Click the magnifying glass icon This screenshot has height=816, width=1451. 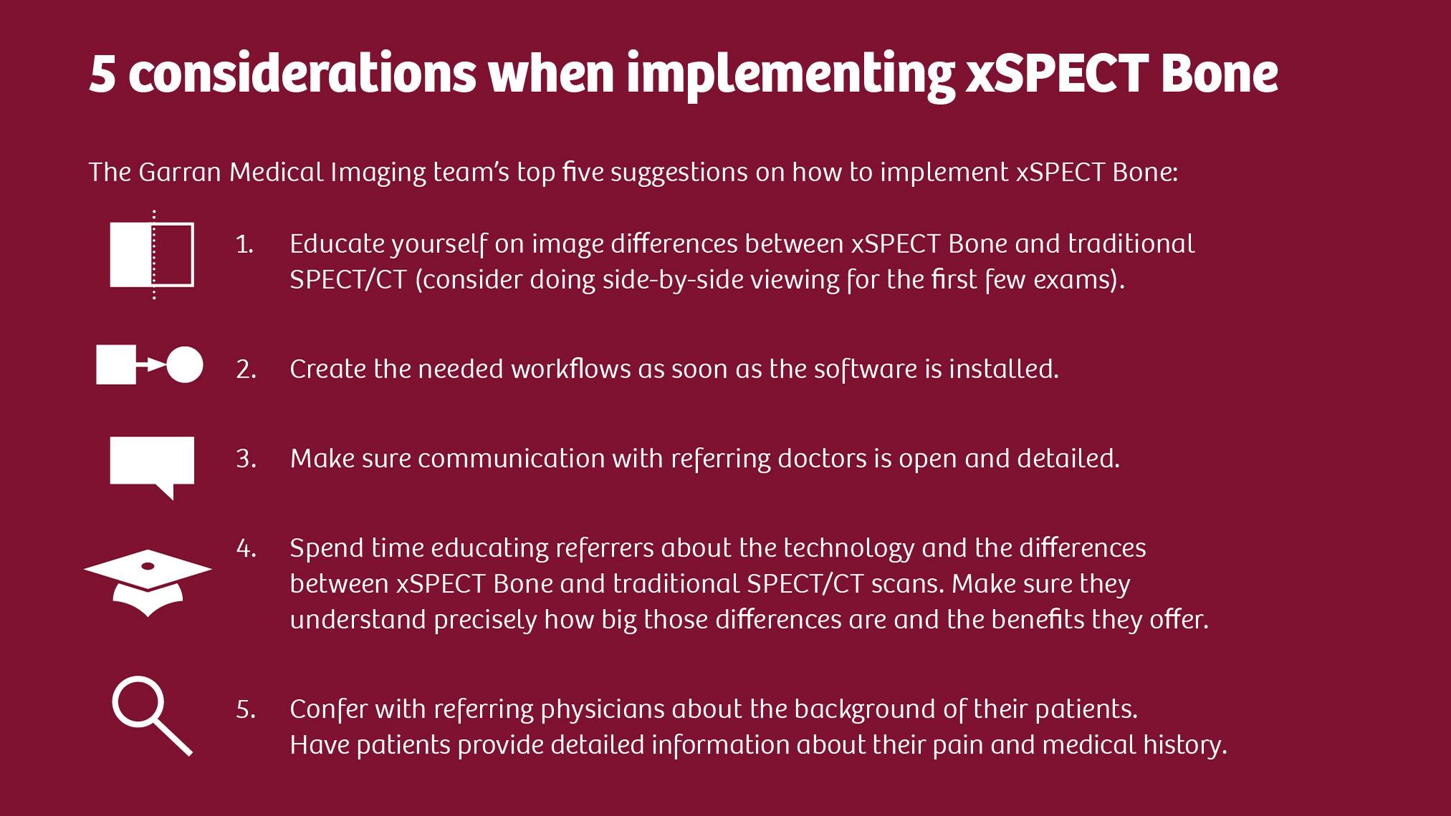[x=150, y=713]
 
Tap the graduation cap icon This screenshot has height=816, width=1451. [x=148, y=580]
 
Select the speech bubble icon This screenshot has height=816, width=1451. [x=152, y=464]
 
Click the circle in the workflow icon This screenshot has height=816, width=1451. [x=185, y=365]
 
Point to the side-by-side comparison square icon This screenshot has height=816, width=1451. [x=152, y=254]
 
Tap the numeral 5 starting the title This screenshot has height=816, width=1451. [x=102, y=75]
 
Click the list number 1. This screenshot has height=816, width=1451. [x=244, y=244]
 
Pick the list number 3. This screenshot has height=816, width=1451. [x=246, y=459]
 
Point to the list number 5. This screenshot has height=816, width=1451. [x=246, y=709]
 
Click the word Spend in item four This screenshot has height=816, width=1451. [x=326, y=549]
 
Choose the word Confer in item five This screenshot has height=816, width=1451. [x=327, y=709]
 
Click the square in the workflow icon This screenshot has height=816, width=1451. [x=116, y=365]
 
